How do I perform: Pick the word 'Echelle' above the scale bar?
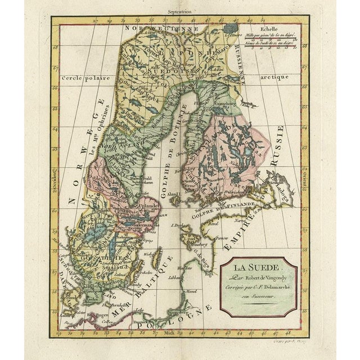(x=274, y=26)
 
